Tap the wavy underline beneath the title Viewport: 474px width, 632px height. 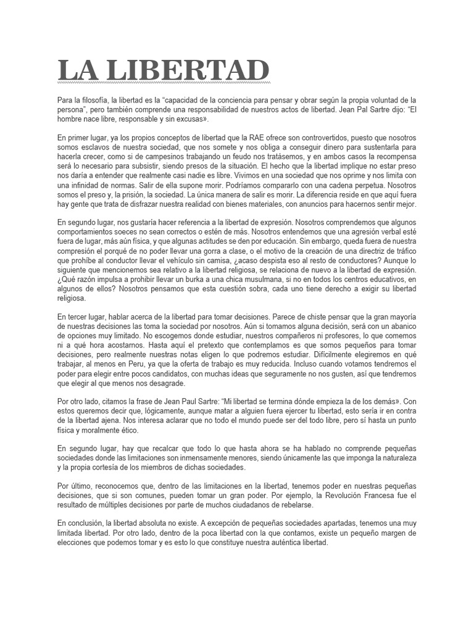click(164, 81)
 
